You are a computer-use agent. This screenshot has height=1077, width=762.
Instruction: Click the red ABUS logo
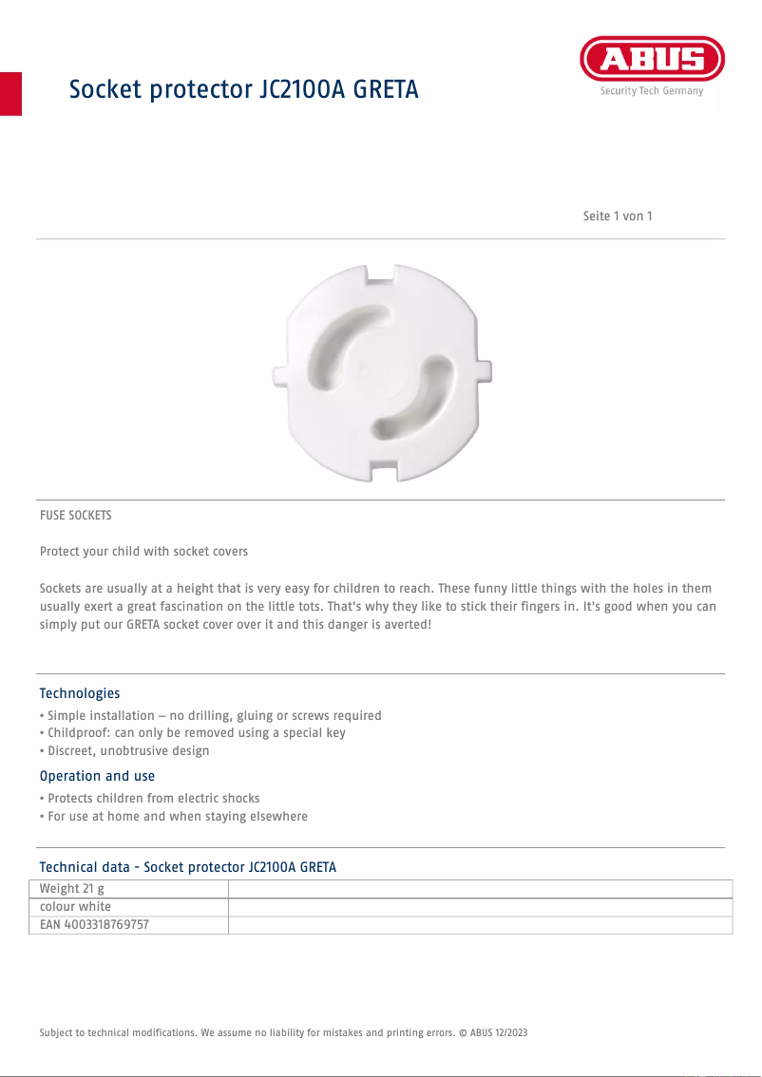[x=652, y=59]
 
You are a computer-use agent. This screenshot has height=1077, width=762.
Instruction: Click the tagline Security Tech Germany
[x=652, y=91]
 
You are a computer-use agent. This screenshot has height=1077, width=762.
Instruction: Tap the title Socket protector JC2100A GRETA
[x=243, y=89]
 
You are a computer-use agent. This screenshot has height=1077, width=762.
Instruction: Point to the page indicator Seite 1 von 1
[x=618, y=216]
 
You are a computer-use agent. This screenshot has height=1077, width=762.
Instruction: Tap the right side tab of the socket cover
[x=485, y=368]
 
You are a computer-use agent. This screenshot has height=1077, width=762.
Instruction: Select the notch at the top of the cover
[x=380, y=276]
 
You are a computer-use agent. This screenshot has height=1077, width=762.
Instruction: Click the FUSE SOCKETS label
[x=76, y=516]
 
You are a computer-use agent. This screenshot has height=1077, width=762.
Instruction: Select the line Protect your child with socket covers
[x=143, y=552]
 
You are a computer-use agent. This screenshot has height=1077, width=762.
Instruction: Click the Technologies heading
[x=80, y=693]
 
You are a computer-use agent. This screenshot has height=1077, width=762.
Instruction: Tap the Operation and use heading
[x=97, y=776]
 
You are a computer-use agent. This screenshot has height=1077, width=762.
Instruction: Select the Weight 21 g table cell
[x=72, y=889]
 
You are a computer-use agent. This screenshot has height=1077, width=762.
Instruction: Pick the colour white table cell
[x=76, y=907]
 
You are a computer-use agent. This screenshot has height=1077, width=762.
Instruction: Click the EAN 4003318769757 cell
[x=95, y=924]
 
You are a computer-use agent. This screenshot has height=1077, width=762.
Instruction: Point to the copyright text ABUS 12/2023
[x=498, y=1032]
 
